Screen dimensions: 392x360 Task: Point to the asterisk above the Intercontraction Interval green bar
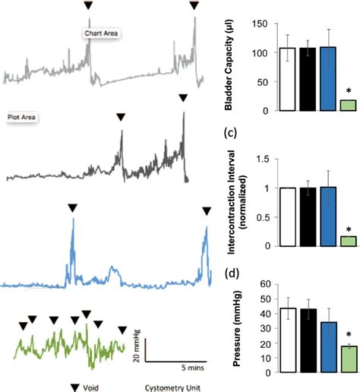point(347,230)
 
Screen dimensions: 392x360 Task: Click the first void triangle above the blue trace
point(72,207)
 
